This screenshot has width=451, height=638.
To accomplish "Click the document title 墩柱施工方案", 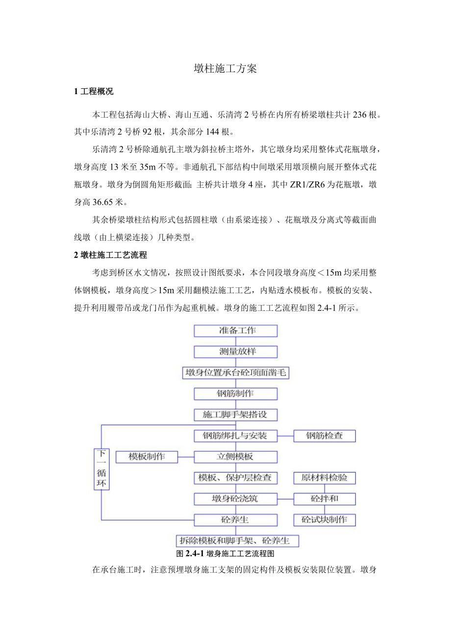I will [225, 69].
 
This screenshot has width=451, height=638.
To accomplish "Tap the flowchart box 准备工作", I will [236, 331].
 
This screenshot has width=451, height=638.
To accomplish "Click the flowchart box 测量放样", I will [236, 352].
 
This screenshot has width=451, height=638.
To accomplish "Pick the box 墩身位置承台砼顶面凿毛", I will [236, 373].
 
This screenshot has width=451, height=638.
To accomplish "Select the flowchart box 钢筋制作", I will [236, 394].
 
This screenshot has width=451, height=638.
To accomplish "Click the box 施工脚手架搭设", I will [236, 415].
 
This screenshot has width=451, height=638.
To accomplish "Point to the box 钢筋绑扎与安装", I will [236, 435].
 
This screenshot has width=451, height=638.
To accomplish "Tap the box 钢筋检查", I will [325, 435].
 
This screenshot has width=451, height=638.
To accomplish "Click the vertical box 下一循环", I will [102, 469].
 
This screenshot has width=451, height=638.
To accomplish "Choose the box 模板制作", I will [147, 457].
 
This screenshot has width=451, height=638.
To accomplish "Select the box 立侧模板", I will [236, 457].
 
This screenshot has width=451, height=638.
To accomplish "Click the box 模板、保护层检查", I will [236, 478].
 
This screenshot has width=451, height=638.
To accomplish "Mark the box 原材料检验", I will [325, 478].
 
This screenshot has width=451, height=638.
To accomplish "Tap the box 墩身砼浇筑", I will [236, 499].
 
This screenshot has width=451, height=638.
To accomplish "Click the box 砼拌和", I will [325, 499].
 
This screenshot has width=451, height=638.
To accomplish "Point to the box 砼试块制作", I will [325, 520].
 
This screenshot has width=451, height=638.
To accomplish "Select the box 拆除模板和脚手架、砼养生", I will [237, 541].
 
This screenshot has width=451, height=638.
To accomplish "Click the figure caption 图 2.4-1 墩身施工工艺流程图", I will [225, 554].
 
